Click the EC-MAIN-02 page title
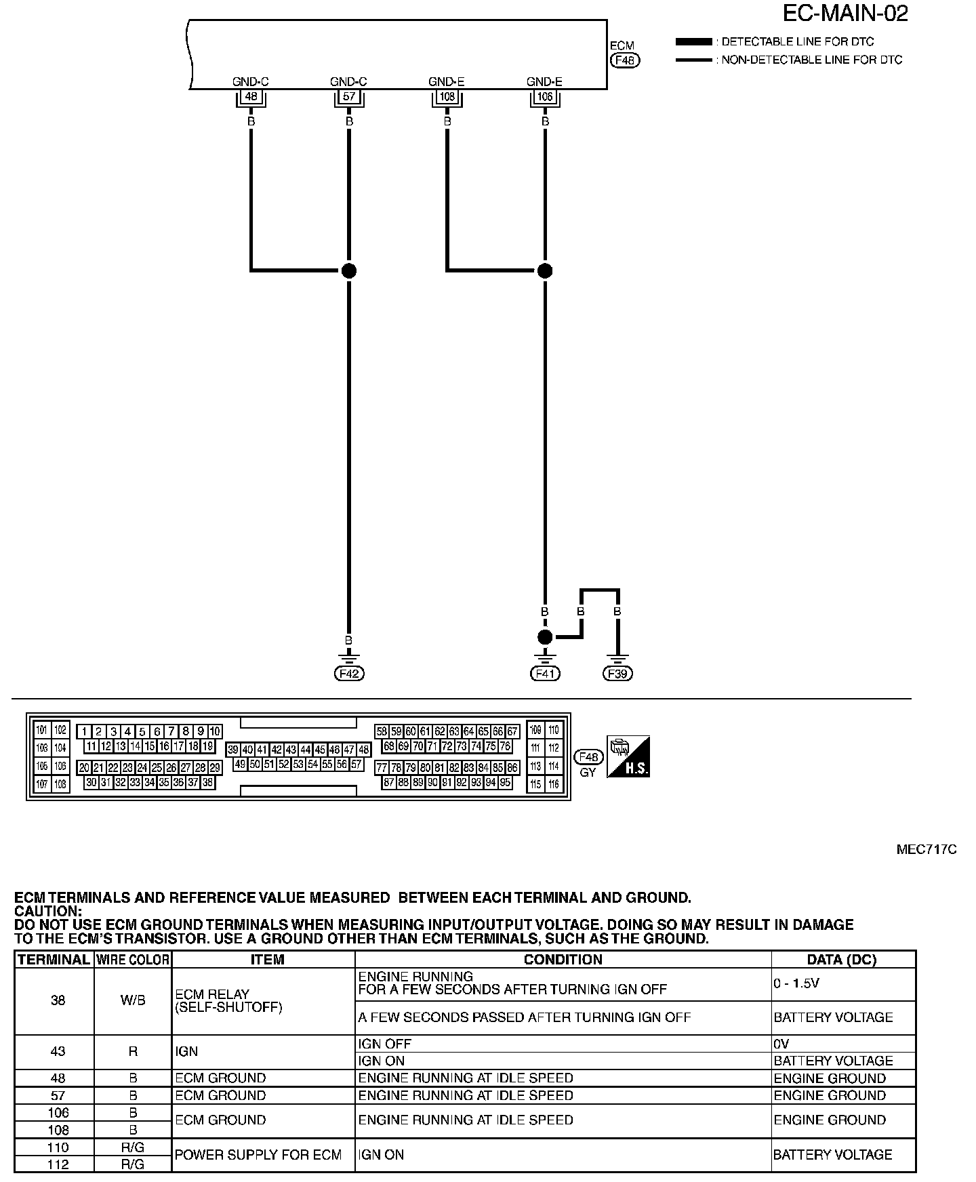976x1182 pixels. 845,13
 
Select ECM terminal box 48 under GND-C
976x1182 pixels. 251,97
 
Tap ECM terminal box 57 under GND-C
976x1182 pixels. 349,97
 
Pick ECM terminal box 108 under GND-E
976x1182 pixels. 447,97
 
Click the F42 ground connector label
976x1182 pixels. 348,674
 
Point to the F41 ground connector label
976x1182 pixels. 544,674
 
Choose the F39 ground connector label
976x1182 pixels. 617,674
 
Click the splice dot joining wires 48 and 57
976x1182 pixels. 348,270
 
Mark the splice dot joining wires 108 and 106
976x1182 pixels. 544,270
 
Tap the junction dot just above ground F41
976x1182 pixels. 544,637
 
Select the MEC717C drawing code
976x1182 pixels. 927,850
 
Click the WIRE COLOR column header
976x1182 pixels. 133,960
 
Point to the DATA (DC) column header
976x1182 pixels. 842,960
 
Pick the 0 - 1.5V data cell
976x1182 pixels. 796,983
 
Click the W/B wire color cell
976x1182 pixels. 133,1000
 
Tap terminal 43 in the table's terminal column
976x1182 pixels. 58,1052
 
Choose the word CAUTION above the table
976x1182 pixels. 47,912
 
